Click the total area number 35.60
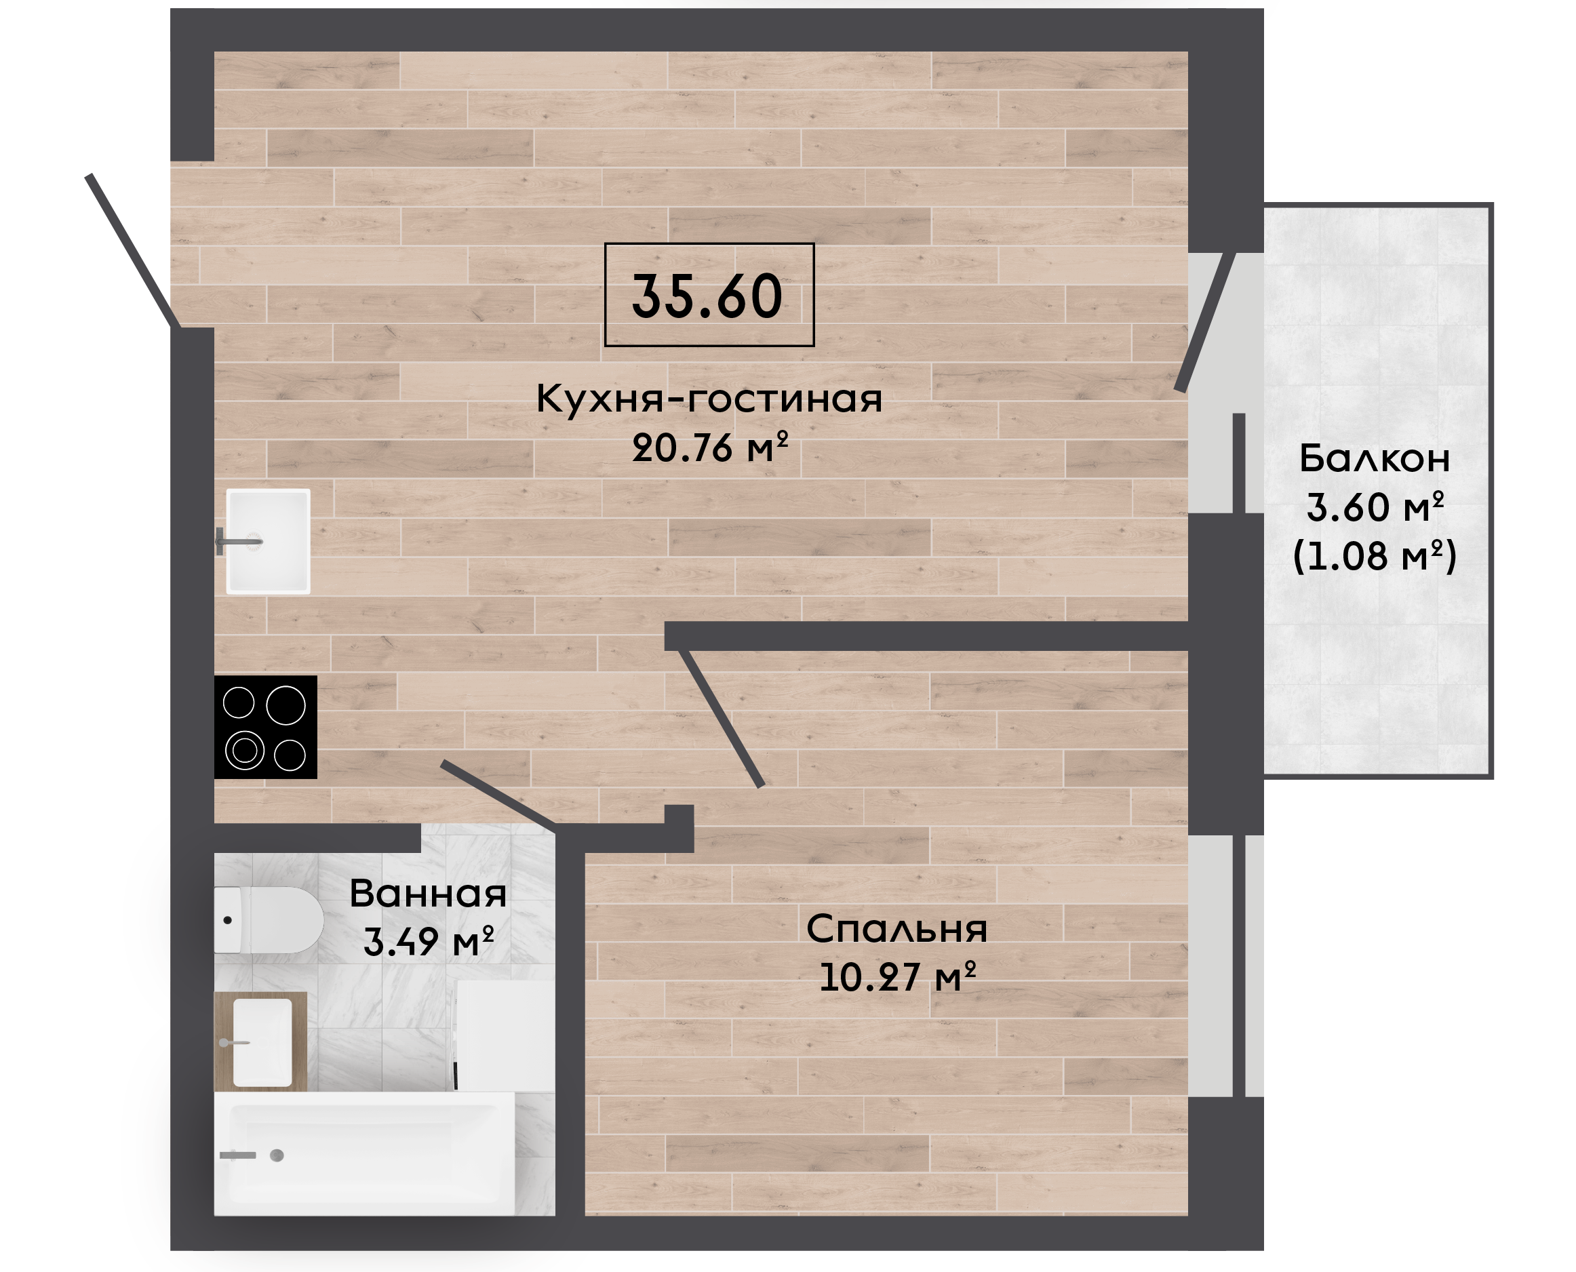pos(707,296)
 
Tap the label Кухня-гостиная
pos(709,399)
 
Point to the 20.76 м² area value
pos(710,447)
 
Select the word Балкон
pos(1375,458)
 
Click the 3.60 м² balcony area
pos(1375,507)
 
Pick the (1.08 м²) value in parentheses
pos(1375,555)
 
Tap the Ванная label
pos(428,893)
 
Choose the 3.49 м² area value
pos(429,942)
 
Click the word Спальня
pos(897,928)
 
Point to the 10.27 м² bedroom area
pos(898,976)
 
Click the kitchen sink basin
pos(268,541)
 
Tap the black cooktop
pos(265,727)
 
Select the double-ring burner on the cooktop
pos(245,751)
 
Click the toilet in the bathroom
pos(268,920)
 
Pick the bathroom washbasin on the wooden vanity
pos(262,1043)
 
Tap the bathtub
pos(364,1154)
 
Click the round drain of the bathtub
pos(277,1155)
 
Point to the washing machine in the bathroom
pos(505,1036)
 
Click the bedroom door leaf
pos(722,717)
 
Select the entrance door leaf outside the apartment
pos(133,251)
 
